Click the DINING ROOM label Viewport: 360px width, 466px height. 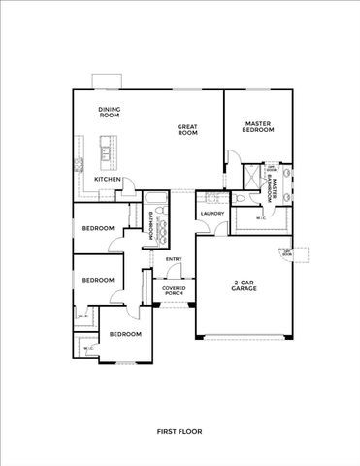[109, 113]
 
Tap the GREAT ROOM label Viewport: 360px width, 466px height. [187, 130]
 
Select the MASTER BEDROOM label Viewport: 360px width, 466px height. [257, 127]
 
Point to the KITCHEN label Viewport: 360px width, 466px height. [108, 180]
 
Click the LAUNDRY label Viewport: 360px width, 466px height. [213, 213]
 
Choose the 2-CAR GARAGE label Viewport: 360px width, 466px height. [244, 287]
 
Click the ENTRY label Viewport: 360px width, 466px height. [174, 259]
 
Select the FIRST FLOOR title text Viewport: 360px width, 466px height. [180, 430]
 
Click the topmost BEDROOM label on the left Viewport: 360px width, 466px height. [98, 229]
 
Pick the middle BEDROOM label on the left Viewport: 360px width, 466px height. [98, 280]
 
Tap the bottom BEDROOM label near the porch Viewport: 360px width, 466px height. [125, 334]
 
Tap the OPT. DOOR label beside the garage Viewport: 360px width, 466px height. [287, 253]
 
